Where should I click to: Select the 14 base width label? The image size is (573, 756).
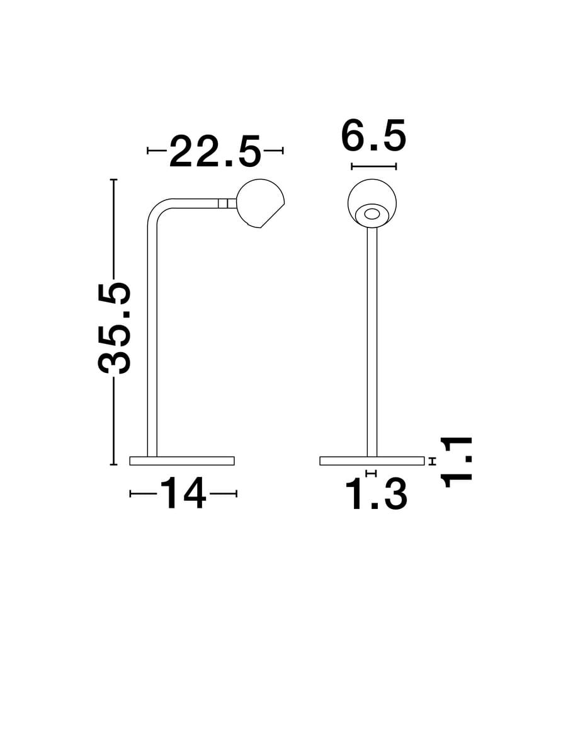183,494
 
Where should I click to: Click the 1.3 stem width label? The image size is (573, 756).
376,495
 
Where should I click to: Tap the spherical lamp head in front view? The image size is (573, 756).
372,203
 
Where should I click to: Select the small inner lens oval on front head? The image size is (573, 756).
372,214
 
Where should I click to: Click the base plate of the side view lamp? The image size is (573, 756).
182,461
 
